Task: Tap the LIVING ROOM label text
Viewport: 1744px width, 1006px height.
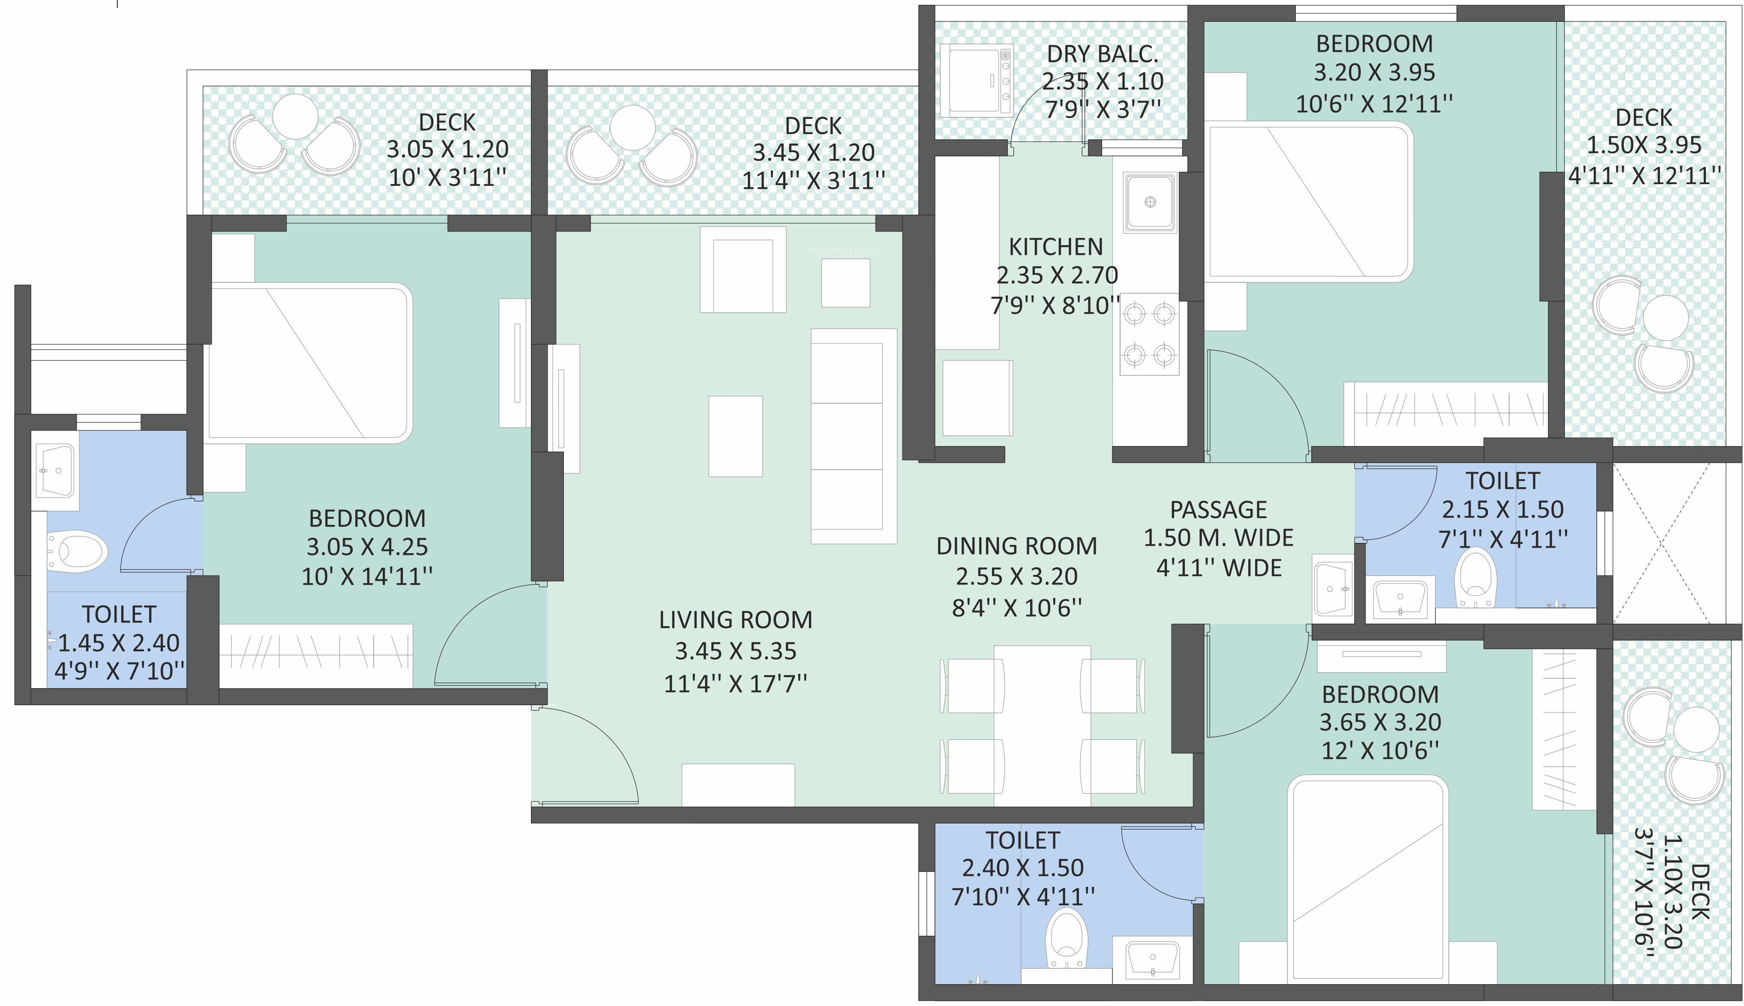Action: pos(735,620)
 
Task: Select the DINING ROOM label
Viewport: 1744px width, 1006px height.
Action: pos(1016,546)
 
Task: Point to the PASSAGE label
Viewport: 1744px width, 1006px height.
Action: pos(1218,510)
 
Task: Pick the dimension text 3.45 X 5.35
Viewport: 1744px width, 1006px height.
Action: pos(735,651)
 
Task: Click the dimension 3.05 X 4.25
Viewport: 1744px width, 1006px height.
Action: pos(367,547)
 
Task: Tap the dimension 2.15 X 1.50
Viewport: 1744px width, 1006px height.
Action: pos(1502,510)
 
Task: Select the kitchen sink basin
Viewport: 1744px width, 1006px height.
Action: pos(1150,203)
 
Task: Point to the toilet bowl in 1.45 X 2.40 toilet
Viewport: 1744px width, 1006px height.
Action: pos(78,551)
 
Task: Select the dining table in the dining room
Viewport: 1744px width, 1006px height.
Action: pos(1042,725)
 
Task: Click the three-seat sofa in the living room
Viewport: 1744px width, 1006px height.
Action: pos(853,436)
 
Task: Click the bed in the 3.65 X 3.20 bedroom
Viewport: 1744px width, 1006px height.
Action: pos(1368,878)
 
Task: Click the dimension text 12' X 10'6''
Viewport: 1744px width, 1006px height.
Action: pos(1380,750)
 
